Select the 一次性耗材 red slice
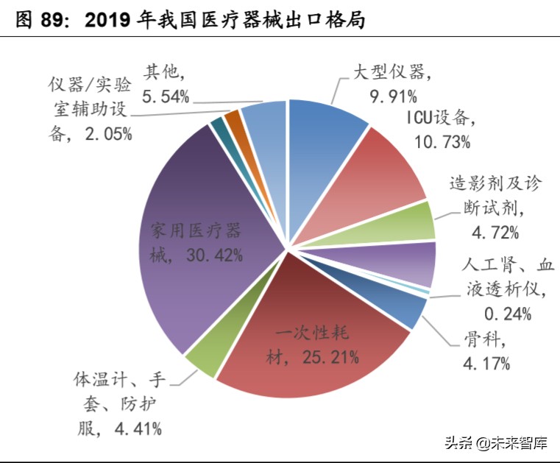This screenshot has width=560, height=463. coord(309,339)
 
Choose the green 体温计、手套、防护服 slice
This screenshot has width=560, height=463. coord(203,359)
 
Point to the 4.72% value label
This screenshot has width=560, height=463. coord(495,233)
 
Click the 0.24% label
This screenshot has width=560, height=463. coord(508,314)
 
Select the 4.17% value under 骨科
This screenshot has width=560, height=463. coord(486,363)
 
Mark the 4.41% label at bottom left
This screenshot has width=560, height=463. coord(139,427)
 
